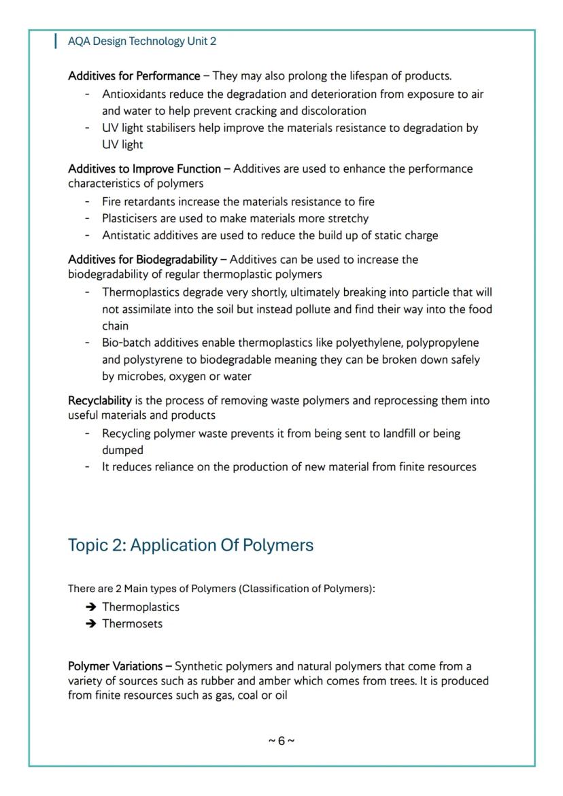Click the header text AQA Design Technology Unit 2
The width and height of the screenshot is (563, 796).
(142, 41)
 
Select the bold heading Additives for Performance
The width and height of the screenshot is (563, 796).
(134, 75)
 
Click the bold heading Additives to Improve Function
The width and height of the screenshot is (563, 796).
(144, 169)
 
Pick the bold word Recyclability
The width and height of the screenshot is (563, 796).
(99, 400)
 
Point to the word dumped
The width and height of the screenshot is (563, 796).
(122, 450)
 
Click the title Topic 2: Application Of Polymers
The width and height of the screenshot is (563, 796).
(190, 545)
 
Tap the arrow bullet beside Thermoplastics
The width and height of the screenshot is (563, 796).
(90, 607)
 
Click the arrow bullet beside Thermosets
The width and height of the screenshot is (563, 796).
(90, 623)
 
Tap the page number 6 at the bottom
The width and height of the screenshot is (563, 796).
(281, 741)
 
